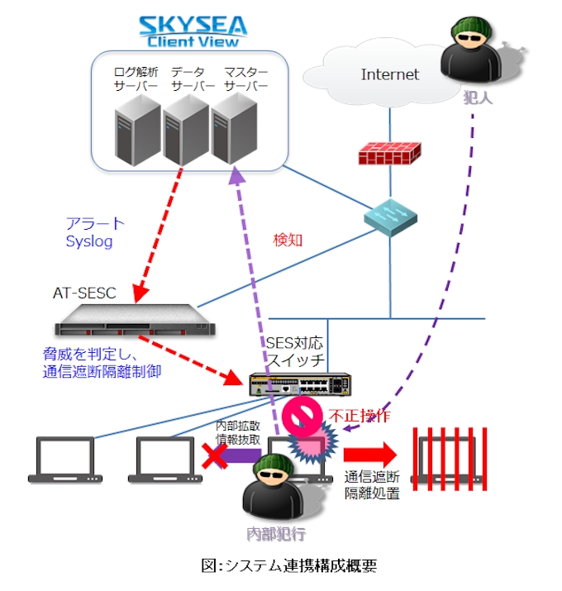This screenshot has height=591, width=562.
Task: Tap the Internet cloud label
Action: pos(390,74)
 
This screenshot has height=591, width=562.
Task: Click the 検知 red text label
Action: pos(288,241)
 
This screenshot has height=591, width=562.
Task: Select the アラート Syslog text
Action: pos(95,232)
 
